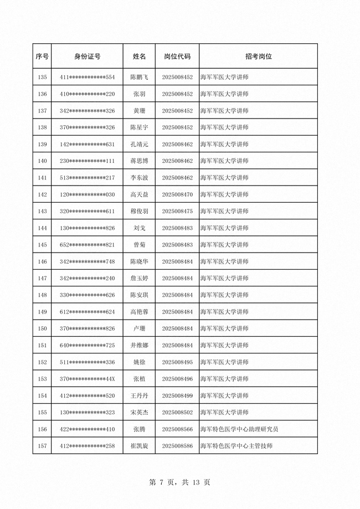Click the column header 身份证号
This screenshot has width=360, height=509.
tap(87, 56)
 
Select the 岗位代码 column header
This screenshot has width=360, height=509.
tap(177, 56)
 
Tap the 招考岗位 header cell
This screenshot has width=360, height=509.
tap(258, 56)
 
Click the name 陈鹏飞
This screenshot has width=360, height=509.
tap(139, 77)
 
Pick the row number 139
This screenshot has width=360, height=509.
tap(42, 145)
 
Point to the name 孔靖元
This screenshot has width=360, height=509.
tap(139, 145)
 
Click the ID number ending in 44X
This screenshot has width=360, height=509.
tap(87, 379)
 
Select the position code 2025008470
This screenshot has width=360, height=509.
tap(177, 194)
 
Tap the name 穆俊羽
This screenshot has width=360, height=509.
tap(139, 212)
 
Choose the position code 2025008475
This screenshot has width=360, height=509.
tap(177, 212)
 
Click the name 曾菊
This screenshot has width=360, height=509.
tap(139, 245)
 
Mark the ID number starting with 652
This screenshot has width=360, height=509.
tap(87, 245)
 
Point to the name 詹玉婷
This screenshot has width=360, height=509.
tap(139, 278)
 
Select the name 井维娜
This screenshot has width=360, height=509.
tap(139, 346)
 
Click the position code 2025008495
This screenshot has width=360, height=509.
tap(177, 362)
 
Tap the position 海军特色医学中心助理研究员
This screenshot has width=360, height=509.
tap(239, 429)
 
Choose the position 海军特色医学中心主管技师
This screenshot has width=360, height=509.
tap(236, 446)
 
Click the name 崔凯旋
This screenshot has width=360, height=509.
tap(139, 446)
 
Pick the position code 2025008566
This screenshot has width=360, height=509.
tap(177, 429)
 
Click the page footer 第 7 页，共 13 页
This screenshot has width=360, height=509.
tap(180, 482)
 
